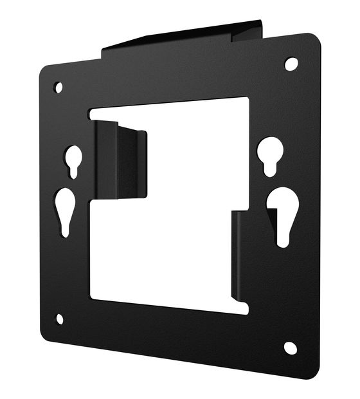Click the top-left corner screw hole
[59, 86]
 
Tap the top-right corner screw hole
[291, 64]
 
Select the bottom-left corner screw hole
[60, 319]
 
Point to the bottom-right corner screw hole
[291, 348]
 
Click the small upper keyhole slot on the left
[73, 159]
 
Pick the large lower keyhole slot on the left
[66, 209]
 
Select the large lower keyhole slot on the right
[282, 210]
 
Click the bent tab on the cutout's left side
[120, 159]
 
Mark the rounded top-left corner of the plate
[44, 70]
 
